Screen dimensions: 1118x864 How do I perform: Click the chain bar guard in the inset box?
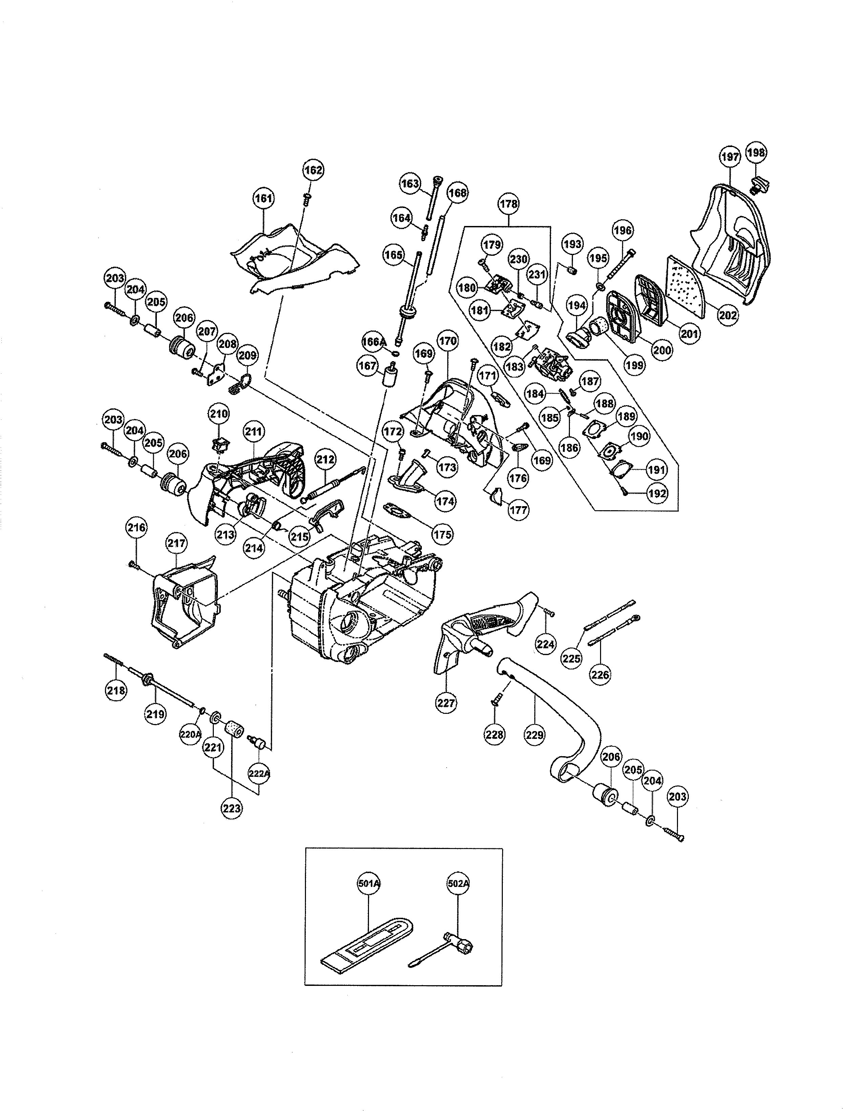click(369, 942)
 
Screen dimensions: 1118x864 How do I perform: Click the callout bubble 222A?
click(259, 773)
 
